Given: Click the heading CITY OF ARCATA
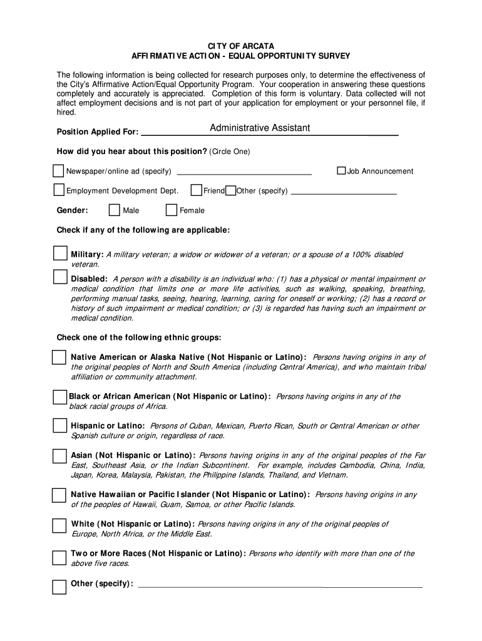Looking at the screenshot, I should [x=241, y=46].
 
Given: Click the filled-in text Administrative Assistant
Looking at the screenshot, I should [x=260, y=128].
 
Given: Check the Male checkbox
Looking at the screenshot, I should [x=114, y=210].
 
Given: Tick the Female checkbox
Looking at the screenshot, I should [x=171, y=210].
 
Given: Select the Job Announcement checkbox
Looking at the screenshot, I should [x=341, y=171].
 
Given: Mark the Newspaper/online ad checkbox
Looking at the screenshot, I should [x=58, y=171].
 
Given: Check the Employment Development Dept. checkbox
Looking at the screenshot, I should [x=58, y=190].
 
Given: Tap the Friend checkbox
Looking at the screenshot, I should [x=196, y=190].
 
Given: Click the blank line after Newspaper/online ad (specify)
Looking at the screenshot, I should [x=245, y=172].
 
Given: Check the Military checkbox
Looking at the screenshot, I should [x=60, y=254].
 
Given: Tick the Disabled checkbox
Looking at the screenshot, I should [x=60, y=277].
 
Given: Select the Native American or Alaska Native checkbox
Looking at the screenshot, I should [x=59, y=357].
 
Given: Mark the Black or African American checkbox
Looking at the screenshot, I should [x=59, y=397].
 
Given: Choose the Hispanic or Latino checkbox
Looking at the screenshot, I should [x=59, y=426].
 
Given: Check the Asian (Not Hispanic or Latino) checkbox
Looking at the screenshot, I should [x=59, y=455].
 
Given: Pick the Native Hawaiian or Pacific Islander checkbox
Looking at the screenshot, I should [x=59, y=495].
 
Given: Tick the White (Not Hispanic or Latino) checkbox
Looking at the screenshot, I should [x=59, y=525].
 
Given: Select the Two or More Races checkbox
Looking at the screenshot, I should [x=59, y=557].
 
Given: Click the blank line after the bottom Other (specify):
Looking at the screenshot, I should [x=280, y=586].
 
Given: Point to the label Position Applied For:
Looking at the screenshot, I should [x=97, y=132].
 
